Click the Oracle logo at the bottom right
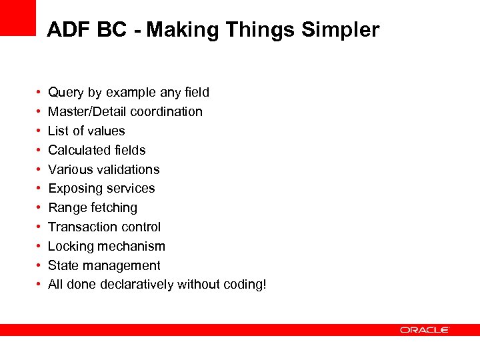point(425,330)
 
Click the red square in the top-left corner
point(17,17)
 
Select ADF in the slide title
point(65,30)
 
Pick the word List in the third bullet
point(58,131)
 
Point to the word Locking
point(71,246)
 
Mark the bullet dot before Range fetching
point(41,208)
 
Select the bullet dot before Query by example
point(41,93)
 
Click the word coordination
point(166,111)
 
